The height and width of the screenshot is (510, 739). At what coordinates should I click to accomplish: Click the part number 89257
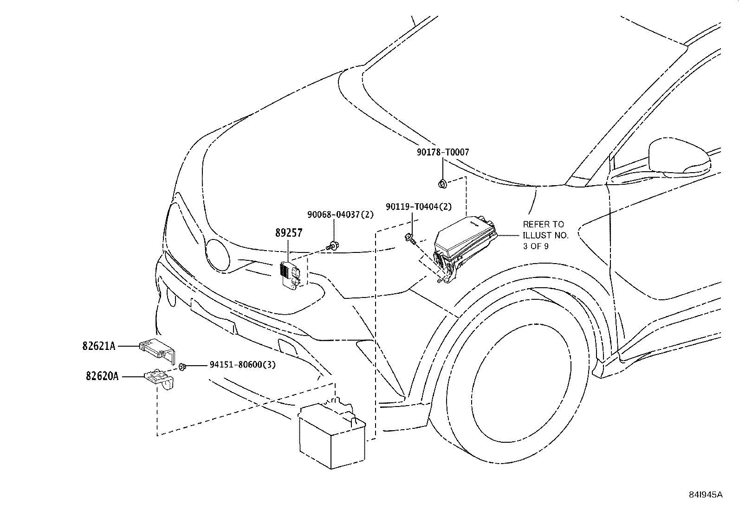289,233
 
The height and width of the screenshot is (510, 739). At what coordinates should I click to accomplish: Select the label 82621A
99,346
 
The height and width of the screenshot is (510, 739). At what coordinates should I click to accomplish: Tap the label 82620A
102,376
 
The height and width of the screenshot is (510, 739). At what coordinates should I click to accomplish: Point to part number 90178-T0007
443,152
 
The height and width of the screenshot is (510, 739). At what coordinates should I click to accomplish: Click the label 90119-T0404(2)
419,207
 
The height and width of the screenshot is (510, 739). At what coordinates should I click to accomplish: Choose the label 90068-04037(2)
340,214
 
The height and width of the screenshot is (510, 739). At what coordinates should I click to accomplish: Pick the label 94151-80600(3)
242,365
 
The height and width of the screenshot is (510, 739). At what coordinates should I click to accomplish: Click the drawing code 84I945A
706,495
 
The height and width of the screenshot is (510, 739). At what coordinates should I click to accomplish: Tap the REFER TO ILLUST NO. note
546,235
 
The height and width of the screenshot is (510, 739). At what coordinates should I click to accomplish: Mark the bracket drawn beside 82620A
160,378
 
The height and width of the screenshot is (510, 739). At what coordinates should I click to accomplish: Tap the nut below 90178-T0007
443,184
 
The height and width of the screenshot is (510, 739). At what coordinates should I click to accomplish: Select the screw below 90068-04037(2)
333,246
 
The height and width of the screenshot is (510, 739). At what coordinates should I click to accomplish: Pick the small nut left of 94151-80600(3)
182,367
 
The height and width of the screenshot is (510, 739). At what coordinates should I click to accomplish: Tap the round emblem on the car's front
217,254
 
